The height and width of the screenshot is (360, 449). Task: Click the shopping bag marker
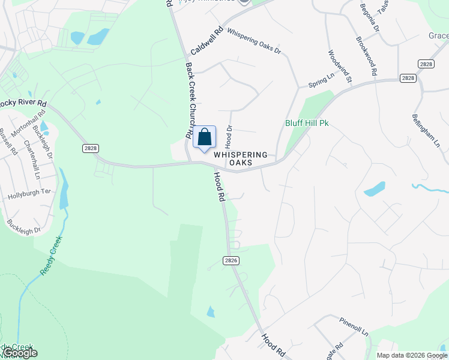coord(204,138)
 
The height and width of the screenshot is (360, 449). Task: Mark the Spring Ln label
coord(321,79)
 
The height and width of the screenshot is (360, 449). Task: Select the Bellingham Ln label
coord(426,131)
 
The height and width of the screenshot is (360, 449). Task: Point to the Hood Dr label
coord(229,137)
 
